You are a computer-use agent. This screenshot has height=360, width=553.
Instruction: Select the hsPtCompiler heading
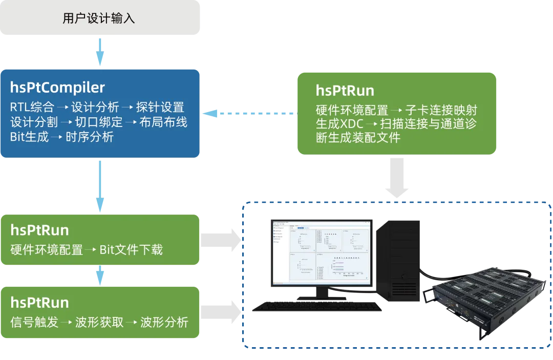[57, 87]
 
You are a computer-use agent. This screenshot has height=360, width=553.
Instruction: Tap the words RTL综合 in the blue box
[32, 108]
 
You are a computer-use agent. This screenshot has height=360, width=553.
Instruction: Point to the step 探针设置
[160, 108]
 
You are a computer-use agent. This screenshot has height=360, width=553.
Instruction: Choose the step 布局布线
[163, 122]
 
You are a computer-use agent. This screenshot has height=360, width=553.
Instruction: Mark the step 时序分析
[90, 137]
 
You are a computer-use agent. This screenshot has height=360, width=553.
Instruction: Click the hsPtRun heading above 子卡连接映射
[345, 91]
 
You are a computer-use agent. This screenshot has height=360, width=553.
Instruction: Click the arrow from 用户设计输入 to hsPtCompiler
[100, 52]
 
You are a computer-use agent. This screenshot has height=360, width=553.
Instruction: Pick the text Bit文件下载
[131, 250]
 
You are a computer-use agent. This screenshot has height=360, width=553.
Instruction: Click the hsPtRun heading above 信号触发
[39, 302]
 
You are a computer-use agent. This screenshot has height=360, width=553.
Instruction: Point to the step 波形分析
[164, 323]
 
